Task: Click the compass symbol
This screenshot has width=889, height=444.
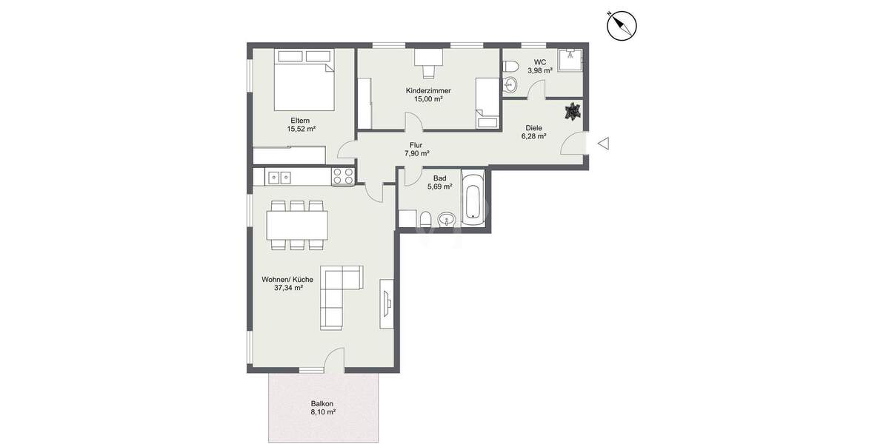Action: point(622,26)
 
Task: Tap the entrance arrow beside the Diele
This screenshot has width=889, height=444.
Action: point(603,144)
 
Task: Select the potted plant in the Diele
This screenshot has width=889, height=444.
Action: point(572,111)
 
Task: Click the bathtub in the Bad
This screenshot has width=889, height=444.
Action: point(474,198)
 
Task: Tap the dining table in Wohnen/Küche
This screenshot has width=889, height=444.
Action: point(297,224)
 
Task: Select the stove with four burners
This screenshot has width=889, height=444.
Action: point(343,176)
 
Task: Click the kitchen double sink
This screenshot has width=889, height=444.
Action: point(279,177)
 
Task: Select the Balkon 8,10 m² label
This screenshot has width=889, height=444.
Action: point(323,408)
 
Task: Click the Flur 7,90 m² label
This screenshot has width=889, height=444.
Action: point(416,149)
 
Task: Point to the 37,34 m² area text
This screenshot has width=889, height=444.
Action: point(288,288)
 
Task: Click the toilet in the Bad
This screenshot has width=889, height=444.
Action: point(425,219)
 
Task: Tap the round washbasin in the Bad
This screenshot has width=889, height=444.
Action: point(447,219)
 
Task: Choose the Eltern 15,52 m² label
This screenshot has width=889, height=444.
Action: point(301,124)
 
